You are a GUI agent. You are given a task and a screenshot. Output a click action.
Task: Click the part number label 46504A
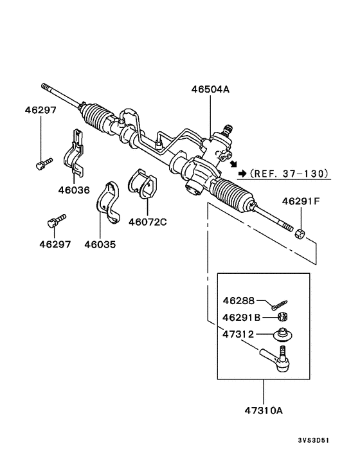tap(210, 91)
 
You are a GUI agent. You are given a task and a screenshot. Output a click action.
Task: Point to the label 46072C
tap(147, 222)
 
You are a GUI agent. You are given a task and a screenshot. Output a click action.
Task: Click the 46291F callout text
tap(301, 201)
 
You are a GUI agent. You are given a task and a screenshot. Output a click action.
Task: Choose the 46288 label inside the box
tap(239, 300)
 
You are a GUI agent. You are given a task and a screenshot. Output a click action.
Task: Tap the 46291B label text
tap(242, 317)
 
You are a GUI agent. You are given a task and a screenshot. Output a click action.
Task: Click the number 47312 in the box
tap(239, 334)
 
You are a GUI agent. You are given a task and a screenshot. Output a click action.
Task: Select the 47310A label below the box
tap(263, 408)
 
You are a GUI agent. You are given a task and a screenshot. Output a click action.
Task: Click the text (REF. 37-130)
tap(290, 174)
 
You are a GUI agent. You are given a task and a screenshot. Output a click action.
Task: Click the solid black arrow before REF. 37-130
tap(242, 174)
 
